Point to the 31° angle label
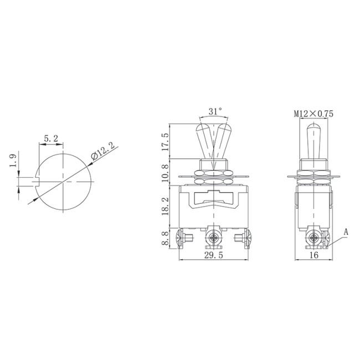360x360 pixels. [x=215, y=111]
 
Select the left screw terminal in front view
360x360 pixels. [x=184, y=239]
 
